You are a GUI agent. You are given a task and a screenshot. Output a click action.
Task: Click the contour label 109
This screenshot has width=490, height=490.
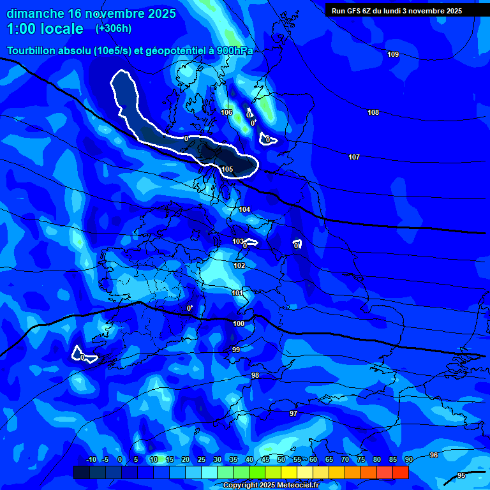393,54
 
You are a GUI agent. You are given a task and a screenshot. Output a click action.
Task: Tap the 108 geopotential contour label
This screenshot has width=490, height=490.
373,112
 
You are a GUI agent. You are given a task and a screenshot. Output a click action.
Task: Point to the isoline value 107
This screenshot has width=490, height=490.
354,157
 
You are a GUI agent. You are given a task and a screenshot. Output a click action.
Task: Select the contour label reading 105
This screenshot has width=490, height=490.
227,169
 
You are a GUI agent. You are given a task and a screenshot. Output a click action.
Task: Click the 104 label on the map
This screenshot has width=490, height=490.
244,209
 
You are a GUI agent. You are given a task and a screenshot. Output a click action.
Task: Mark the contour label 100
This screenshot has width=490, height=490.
239,323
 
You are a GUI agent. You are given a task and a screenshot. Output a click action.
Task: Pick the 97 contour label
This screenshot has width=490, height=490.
293,413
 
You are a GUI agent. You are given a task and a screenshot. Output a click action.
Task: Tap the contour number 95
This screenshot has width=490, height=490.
461,475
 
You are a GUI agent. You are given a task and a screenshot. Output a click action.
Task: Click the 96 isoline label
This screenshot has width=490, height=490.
434,455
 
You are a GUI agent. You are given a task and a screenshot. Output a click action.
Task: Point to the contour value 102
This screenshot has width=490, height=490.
239,265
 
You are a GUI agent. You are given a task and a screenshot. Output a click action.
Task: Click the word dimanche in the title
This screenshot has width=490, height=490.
35,13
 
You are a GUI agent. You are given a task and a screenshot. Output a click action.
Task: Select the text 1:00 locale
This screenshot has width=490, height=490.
45,29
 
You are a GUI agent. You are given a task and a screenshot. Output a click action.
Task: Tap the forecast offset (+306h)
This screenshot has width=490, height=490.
114,29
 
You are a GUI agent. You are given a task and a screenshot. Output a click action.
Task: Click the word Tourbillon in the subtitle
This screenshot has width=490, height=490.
31,51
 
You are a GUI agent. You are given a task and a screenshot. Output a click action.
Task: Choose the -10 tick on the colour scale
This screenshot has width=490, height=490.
91,460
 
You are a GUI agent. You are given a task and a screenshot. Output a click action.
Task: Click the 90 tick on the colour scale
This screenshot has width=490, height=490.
408,460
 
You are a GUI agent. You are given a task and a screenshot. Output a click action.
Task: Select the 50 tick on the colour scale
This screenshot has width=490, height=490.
281,460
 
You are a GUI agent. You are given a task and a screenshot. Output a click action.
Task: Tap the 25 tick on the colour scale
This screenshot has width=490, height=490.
202,460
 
